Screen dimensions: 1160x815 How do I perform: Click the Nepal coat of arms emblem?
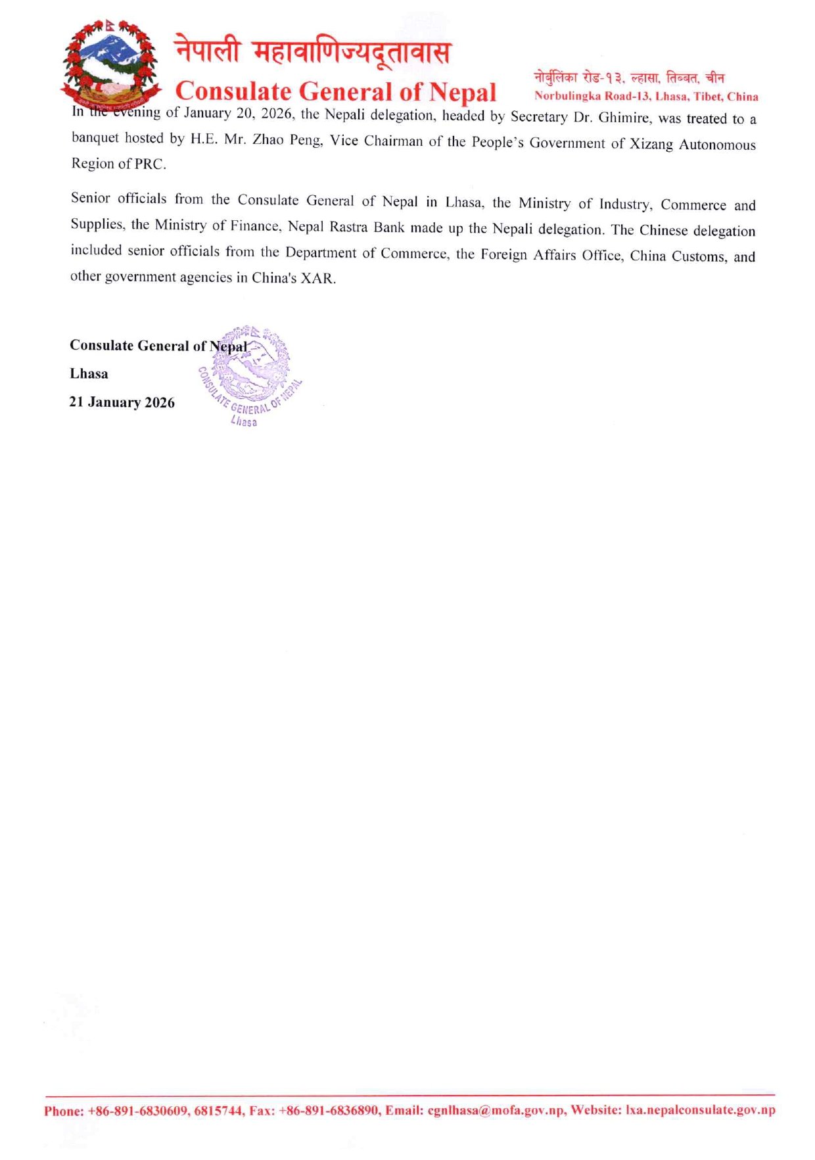tap(109, 64)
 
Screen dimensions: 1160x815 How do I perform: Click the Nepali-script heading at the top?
tap(313, 52)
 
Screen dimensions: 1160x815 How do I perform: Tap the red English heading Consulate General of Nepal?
tap(335, 91)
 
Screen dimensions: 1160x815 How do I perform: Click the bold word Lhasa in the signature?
tap(89, 374)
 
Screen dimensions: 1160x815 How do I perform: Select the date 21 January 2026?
tap(122, 402)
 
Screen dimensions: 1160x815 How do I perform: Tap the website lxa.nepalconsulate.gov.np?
tap(700, 1110)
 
